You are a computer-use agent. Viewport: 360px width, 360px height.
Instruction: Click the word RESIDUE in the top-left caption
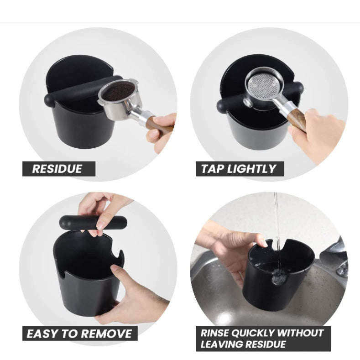(57, 169)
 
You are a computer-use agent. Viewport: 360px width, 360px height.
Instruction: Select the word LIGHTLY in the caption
(251, 169)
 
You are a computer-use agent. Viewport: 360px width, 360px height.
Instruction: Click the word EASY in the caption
(41, 334)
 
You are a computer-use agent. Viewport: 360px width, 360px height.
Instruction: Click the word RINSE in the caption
(214, 333)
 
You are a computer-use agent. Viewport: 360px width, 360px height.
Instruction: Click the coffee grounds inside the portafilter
(118, 91)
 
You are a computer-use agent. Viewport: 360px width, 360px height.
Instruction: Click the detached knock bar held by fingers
(93, 222)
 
